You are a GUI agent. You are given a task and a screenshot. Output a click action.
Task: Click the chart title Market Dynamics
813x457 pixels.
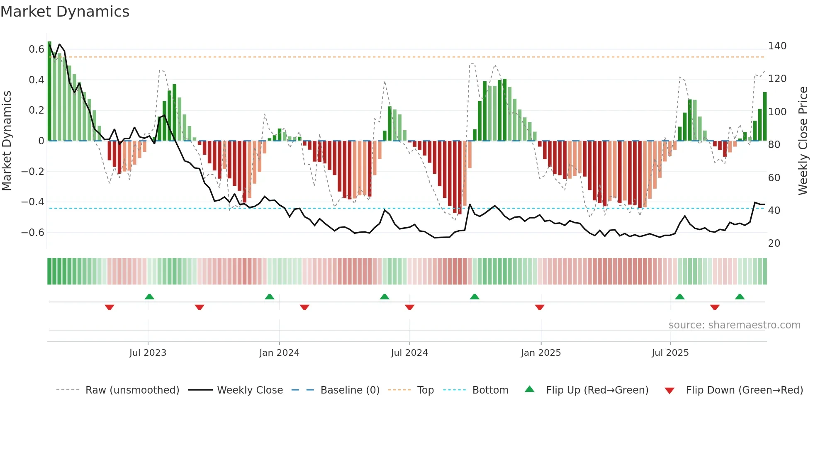(x=65, y=12)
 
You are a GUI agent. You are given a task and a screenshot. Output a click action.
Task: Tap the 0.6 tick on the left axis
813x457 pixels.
(x=36, y=49)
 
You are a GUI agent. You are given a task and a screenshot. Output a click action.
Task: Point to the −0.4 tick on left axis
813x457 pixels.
(x=33, y=202)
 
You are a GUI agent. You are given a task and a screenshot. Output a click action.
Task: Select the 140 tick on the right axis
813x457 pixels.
(x=777, y=46)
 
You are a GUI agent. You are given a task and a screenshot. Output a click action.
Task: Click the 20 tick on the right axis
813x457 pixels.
(x=774, y=243)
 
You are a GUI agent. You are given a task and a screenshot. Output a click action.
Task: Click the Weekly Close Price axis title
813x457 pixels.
(x=803, y=141)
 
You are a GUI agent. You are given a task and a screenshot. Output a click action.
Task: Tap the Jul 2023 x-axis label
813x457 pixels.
(x=148, y=353)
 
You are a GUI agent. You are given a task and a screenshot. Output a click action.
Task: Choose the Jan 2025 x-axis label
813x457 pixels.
(x=541, y=353)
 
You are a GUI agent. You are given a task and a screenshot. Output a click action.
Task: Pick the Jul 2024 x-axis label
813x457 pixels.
(x=409, y=353)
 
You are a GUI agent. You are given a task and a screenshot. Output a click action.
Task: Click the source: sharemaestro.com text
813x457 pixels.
(x=734, y=325)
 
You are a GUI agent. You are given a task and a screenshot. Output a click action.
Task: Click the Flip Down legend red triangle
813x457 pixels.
(x=669, y=391)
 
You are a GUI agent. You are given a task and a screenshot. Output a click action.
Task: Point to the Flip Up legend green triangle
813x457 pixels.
(x=530, y=389)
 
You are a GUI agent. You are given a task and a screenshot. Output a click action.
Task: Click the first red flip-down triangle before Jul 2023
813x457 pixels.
(x=110, y=307)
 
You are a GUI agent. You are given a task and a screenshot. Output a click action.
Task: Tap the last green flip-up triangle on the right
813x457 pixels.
(x=740, y=297)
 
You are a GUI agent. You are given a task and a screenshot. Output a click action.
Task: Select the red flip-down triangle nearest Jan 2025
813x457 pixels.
(x=540, y=307)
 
